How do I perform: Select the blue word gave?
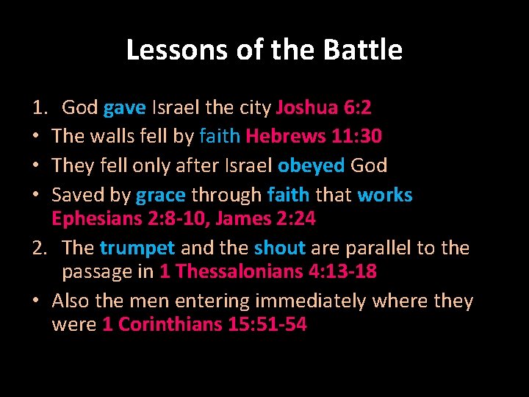click(125, 108)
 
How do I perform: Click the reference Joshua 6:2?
click(323, 108)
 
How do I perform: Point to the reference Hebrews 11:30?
click(314, 136)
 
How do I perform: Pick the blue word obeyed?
click(311, 165)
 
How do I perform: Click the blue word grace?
click(161, 195)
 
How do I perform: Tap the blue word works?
click(385, 195)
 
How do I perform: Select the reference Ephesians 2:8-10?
click(129, 218)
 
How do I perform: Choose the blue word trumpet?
click(137, 248)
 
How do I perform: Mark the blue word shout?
click(280, 248)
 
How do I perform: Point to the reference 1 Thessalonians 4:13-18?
click(268, 271)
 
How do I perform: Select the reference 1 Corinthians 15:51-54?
click(204, 324)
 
